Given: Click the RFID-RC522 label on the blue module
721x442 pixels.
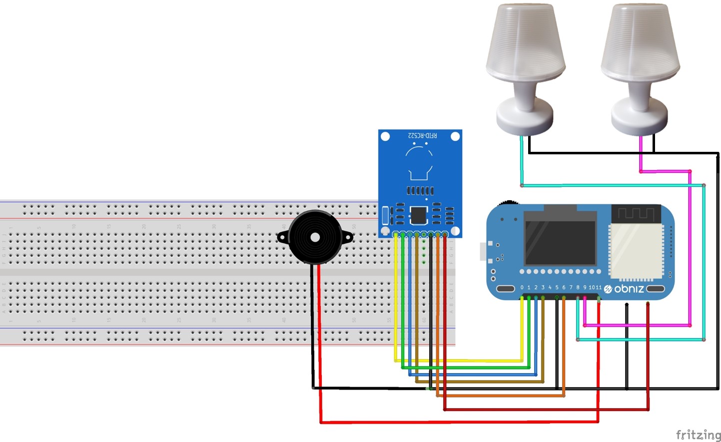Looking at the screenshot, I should (422, 135).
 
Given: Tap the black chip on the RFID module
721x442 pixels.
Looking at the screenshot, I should (419, 215).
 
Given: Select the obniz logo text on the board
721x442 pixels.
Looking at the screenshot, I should (629, 289).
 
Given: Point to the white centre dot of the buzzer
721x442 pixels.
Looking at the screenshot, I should (315, 238).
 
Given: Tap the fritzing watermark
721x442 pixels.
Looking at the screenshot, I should (698, 435).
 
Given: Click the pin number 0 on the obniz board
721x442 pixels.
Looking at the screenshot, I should (522, 288).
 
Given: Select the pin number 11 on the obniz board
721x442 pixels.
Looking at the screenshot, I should (599, 288).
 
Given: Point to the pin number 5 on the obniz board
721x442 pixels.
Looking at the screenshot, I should (557, 288).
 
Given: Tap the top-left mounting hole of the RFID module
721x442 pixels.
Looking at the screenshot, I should (385, 136).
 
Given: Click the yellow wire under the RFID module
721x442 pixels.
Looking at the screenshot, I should (396, 300).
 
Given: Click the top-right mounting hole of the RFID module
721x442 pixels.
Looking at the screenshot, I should (455, 136).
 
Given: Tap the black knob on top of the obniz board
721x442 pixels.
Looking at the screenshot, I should (509, 202).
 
